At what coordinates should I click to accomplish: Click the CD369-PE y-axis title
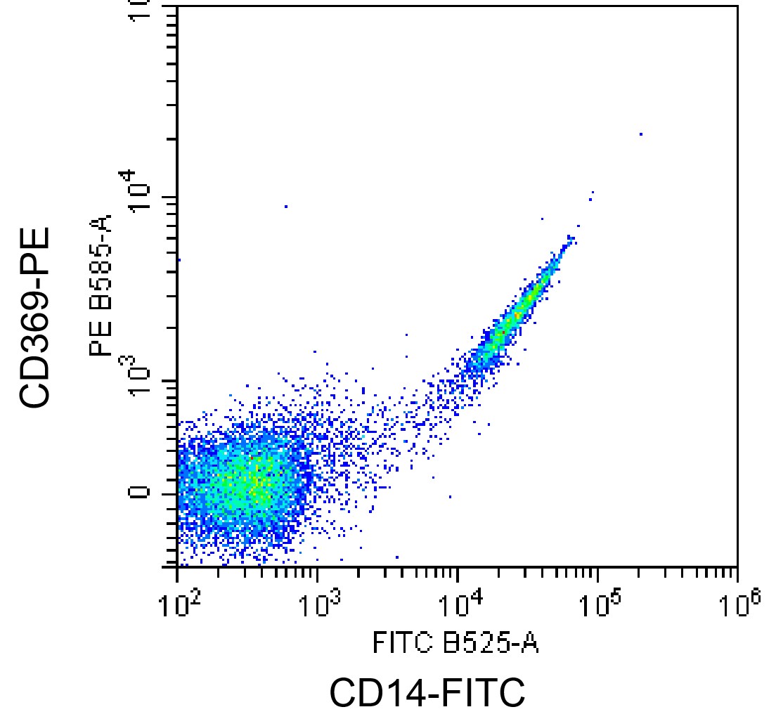click(x=35, y=316)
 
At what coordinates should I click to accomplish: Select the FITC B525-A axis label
click(x=455, y=642)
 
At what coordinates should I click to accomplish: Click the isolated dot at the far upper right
click(x=640, y=134)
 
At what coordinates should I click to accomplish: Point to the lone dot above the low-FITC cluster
click(x=286, y=206)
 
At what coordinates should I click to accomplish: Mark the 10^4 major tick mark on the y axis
click(x=169, y=197)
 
